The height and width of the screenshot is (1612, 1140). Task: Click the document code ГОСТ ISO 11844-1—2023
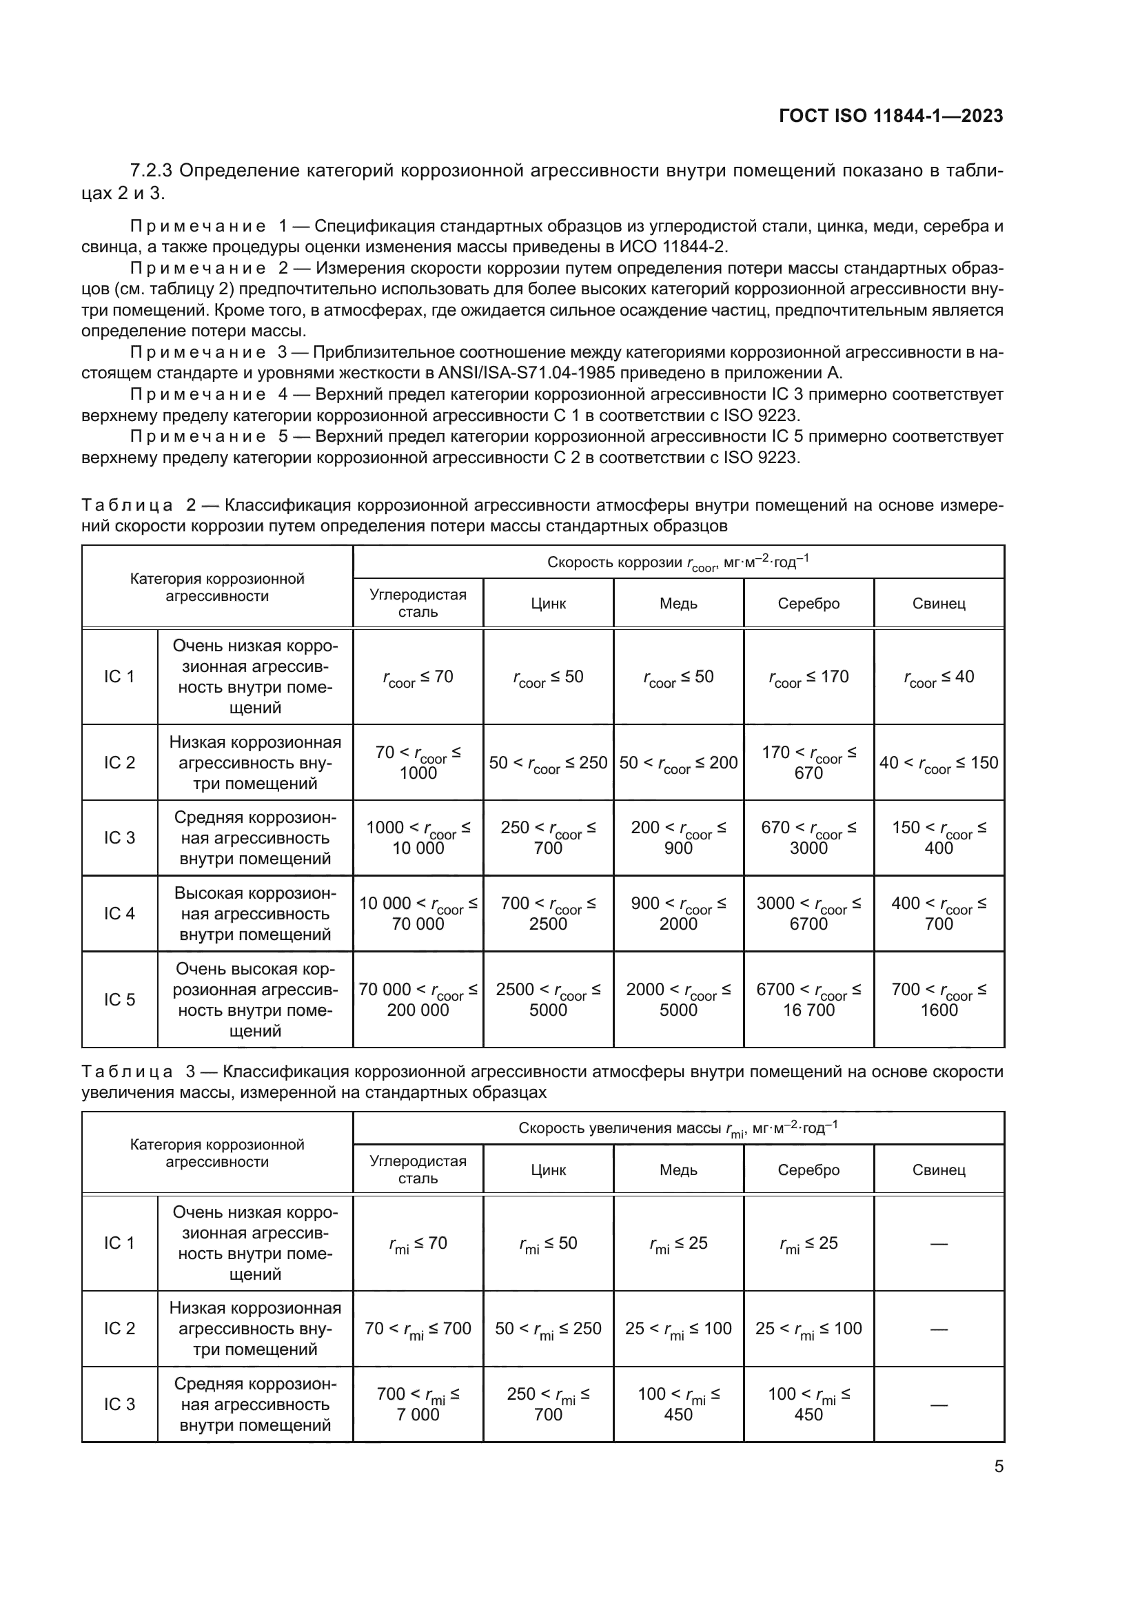[x=890, y=116]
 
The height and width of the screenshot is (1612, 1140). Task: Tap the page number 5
[x=998, y=1466]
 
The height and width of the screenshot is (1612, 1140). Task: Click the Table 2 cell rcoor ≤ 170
[x=808, y=677]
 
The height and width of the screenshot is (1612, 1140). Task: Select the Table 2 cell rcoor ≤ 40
[x=939, y=677]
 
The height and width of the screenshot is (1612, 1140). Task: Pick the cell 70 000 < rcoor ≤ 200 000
[x=418, y=999]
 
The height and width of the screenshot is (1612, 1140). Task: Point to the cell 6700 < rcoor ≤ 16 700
[x=808, y=999]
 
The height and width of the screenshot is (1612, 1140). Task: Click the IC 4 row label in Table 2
[x=119, y=913]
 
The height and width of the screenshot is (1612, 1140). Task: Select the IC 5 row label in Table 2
[x=119, y=999]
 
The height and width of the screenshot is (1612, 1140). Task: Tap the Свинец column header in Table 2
[x=939, y=603]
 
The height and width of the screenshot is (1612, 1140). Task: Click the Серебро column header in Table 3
[x=808, y=1170]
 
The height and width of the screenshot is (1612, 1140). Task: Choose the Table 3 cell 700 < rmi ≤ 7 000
[x=418, y=1404]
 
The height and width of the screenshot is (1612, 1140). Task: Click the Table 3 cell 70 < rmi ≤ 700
[x=418, y=1328]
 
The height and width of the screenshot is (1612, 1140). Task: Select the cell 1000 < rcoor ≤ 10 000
[x=418, y=837]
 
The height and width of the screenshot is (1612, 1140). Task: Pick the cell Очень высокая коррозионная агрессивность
[x=255, y=999]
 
